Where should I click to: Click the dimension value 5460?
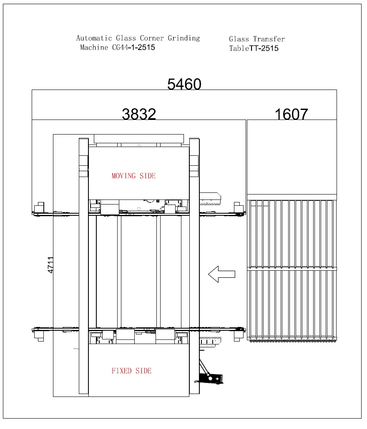click(x=184, y=85)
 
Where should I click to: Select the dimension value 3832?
click(x=139, y=114)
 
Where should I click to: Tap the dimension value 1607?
click(x=291, y=114)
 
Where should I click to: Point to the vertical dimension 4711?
click(x=51, y=265)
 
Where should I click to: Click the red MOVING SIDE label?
click(x=133, y=176)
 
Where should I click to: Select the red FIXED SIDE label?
click(x=131, y=371)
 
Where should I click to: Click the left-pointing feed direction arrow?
click(x=221, y=274)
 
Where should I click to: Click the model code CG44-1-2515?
click(x=133, y=47)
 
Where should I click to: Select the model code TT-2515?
click(x=264, y=48)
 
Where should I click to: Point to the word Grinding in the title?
click(x=184, y=38)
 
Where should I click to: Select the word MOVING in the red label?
click(x=124, y=176)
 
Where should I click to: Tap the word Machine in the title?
click(x=94, y=47)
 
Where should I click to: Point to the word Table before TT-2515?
click(x=239, y=48)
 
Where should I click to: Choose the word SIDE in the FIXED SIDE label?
click(x=143, y=371)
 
